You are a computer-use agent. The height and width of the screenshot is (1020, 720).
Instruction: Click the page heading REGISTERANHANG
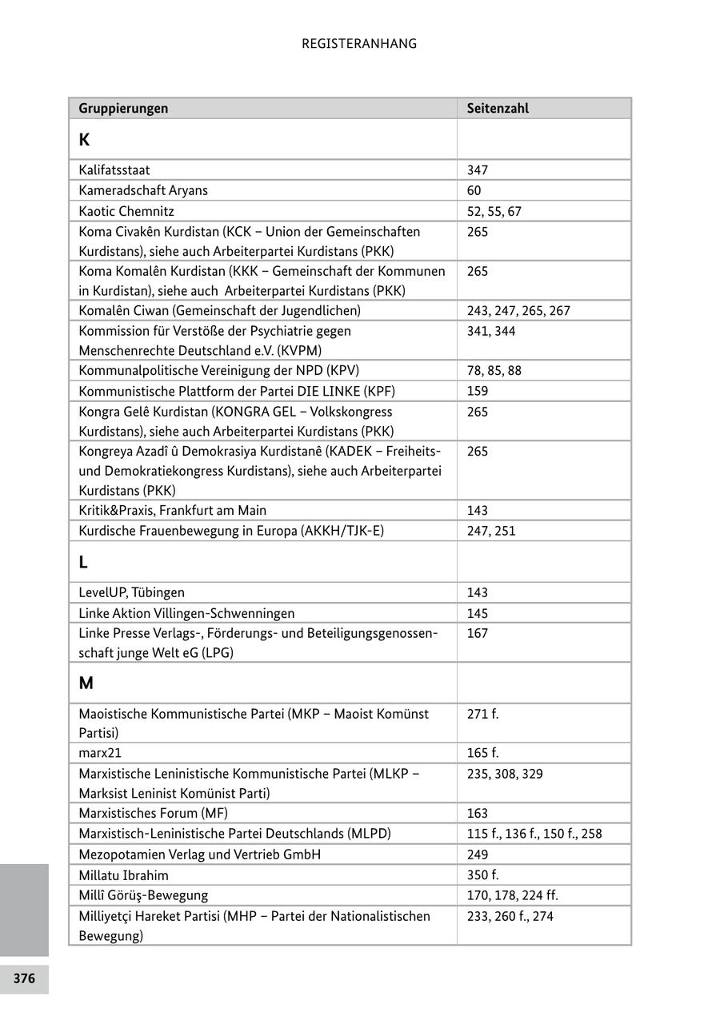(x=359, y=44)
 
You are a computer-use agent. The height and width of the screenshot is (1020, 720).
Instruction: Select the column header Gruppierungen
(x=123, y=108)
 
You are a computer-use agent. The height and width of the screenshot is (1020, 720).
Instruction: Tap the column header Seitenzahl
(x=498, y=108)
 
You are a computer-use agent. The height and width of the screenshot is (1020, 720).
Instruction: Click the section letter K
(x=84, y=140)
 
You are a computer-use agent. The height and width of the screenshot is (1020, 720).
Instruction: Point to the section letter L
(x=83, y=562)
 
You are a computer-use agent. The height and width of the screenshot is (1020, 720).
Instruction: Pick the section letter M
(x=86, y=683)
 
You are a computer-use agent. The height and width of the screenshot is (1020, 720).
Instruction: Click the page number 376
(x=24, y=978)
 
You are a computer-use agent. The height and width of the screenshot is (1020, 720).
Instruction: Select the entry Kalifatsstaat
(x=114, y=170)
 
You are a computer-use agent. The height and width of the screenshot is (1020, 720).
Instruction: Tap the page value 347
(x=478, y=170)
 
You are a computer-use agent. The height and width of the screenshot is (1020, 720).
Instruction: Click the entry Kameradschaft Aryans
(x=143, y=190)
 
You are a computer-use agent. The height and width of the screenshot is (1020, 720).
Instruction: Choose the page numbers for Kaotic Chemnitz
(x=494, y=211)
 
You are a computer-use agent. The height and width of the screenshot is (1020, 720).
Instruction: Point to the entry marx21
(x=100, y=753)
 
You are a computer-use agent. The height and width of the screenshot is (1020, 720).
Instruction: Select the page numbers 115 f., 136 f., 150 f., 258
(x=534, y=834)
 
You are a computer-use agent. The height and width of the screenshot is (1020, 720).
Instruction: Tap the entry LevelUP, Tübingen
(x=131, y=592)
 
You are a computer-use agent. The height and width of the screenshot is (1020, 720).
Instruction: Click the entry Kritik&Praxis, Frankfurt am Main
(x=173, y=510)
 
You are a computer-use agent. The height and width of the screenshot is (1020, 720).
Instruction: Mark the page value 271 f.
(x=482, y=713)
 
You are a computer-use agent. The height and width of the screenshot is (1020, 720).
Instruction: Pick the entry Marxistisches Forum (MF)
(x=153, y=813)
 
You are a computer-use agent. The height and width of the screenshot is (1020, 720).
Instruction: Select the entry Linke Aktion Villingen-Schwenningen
(x=186, y=613)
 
